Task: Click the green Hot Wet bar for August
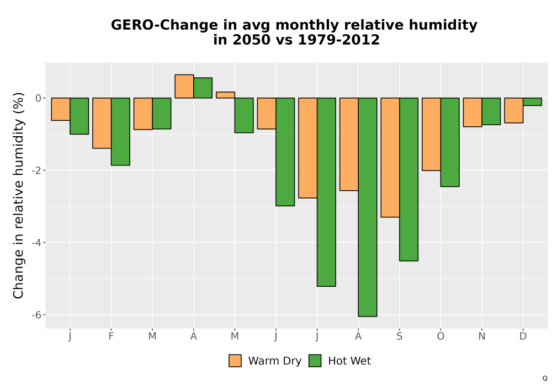[x=368, y=207]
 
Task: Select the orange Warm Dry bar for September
[x=390, y=158]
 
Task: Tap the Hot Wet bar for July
[x=326, y=192]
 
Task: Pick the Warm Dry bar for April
[x=184, y=86]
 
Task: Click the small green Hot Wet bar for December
[x=532, y=101]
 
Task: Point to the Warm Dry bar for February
[x=102, y=123]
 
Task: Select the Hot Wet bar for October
[x=450, y=142]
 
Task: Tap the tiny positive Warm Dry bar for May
[x=225, y=95]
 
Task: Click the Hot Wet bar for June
[x=285, y=152]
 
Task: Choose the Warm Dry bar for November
[x=473, y=112]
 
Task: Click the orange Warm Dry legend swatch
[x=235, y=361]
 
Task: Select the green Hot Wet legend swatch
[x=315, y=361]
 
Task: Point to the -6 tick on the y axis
[x=36, y=315]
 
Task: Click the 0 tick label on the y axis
[x=39, y=98]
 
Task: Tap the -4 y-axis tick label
[x=36, y=243]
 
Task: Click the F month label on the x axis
[x=112, y=336]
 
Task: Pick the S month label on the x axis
[x=399, y=336]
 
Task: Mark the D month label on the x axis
[x=523, y=336]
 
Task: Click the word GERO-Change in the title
[x=164, y=25]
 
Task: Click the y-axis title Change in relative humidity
[x=18, y=195]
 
